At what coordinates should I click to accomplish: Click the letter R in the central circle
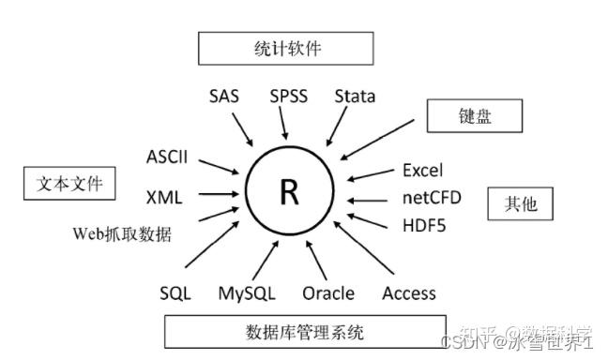pos(289,193)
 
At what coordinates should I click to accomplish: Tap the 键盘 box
pos(474,116)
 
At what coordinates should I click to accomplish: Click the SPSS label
pos(288,96)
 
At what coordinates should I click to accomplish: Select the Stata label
pos(355,96)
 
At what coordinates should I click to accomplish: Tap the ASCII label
pos(167,157)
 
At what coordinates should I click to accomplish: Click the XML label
pos(164,197)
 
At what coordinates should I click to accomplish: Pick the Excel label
pos(422,171)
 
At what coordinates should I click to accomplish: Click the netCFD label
pos(429,199)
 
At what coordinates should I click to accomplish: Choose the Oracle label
pos(328,293)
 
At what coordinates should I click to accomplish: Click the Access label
pos(409,293)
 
